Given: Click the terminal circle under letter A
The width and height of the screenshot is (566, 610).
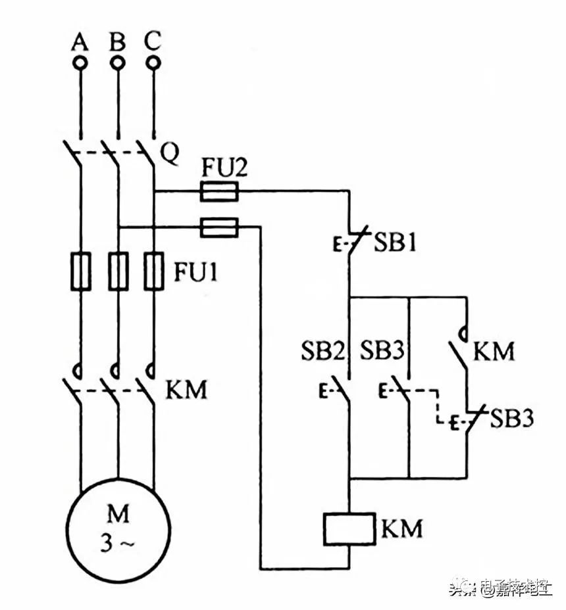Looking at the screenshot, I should point(80,63).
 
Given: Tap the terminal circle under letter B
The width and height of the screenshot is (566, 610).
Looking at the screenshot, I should point(117,63).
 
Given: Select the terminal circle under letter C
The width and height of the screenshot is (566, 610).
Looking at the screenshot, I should point(153,63).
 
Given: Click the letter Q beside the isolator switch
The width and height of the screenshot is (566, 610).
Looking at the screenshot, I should point(169,154).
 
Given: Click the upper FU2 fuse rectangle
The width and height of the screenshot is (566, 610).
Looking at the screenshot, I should point(219,192).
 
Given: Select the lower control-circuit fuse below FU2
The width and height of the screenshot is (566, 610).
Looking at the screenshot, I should point(219,228).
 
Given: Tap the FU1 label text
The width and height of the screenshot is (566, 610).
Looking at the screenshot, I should point(195,271).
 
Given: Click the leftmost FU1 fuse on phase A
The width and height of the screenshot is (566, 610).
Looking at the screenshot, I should point(80,271).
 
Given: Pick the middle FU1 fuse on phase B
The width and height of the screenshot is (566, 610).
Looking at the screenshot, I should point(118,271).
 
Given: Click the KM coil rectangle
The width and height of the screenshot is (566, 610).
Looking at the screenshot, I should point(348,528).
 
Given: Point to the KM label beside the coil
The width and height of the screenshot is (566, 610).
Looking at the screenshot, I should point(401,528).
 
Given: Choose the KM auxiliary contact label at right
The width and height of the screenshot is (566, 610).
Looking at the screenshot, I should point(494,352).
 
